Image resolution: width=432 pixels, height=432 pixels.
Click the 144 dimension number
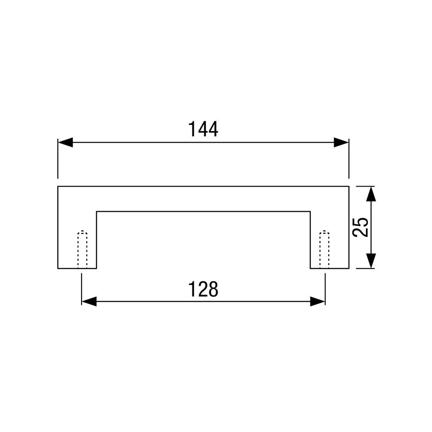point(203,129)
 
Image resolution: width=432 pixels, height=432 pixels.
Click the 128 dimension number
point(203,289)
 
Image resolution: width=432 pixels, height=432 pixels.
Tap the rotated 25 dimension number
point(360,227)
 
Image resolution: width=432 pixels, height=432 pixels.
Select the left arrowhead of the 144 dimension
point(65,143)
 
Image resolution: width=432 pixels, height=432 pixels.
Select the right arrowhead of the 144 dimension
point(341,143)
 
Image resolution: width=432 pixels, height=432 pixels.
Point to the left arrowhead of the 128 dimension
point(89,301)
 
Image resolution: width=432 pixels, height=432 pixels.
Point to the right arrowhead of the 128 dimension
point(318,301)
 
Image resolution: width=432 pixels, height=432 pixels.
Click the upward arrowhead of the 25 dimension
point(371,194)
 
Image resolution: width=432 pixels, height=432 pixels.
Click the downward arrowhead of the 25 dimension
point(371,261)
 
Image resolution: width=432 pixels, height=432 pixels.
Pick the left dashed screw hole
point(82,249)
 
